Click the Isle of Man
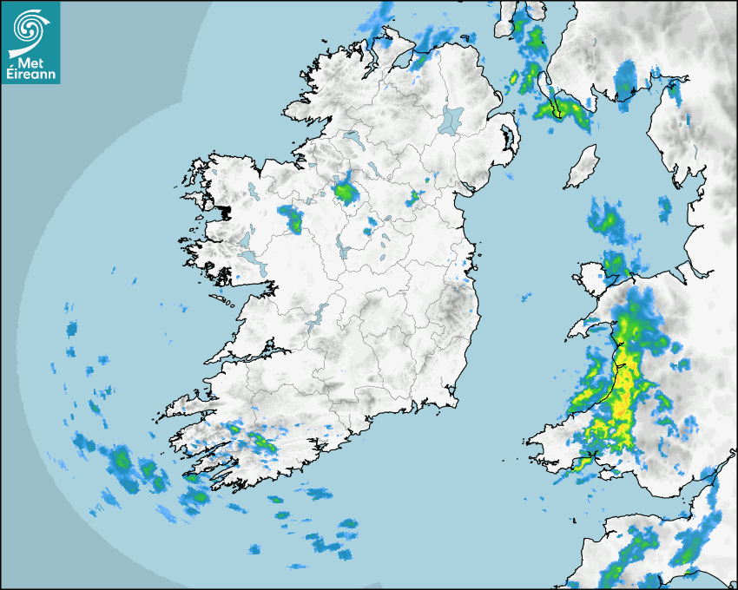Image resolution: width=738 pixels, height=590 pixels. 582,167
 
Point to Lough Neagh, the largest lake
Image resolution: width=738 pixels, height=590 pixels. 452,119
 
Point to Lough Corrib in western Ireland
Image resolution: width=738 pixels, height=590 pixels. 247,239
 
